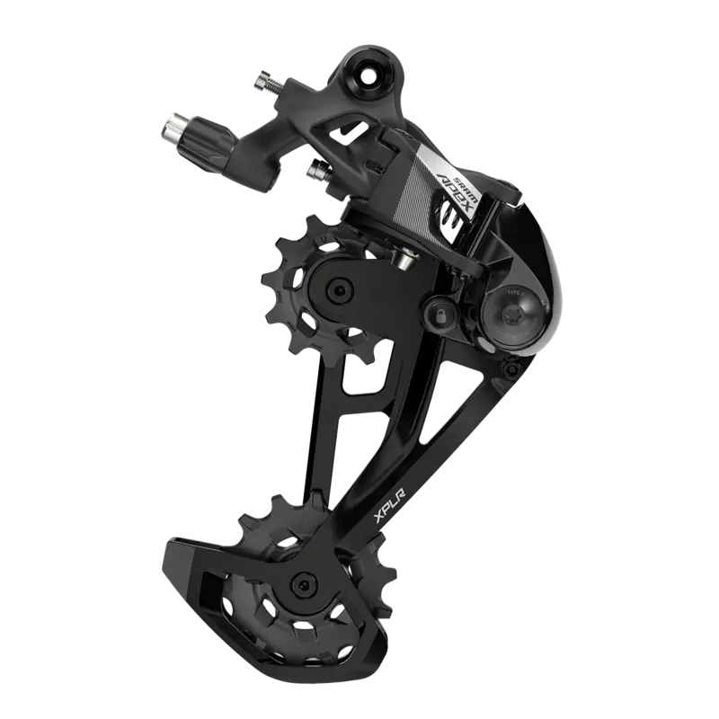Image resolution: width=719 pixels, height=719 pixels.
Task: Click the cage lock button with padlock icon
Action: pos(440,310)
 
